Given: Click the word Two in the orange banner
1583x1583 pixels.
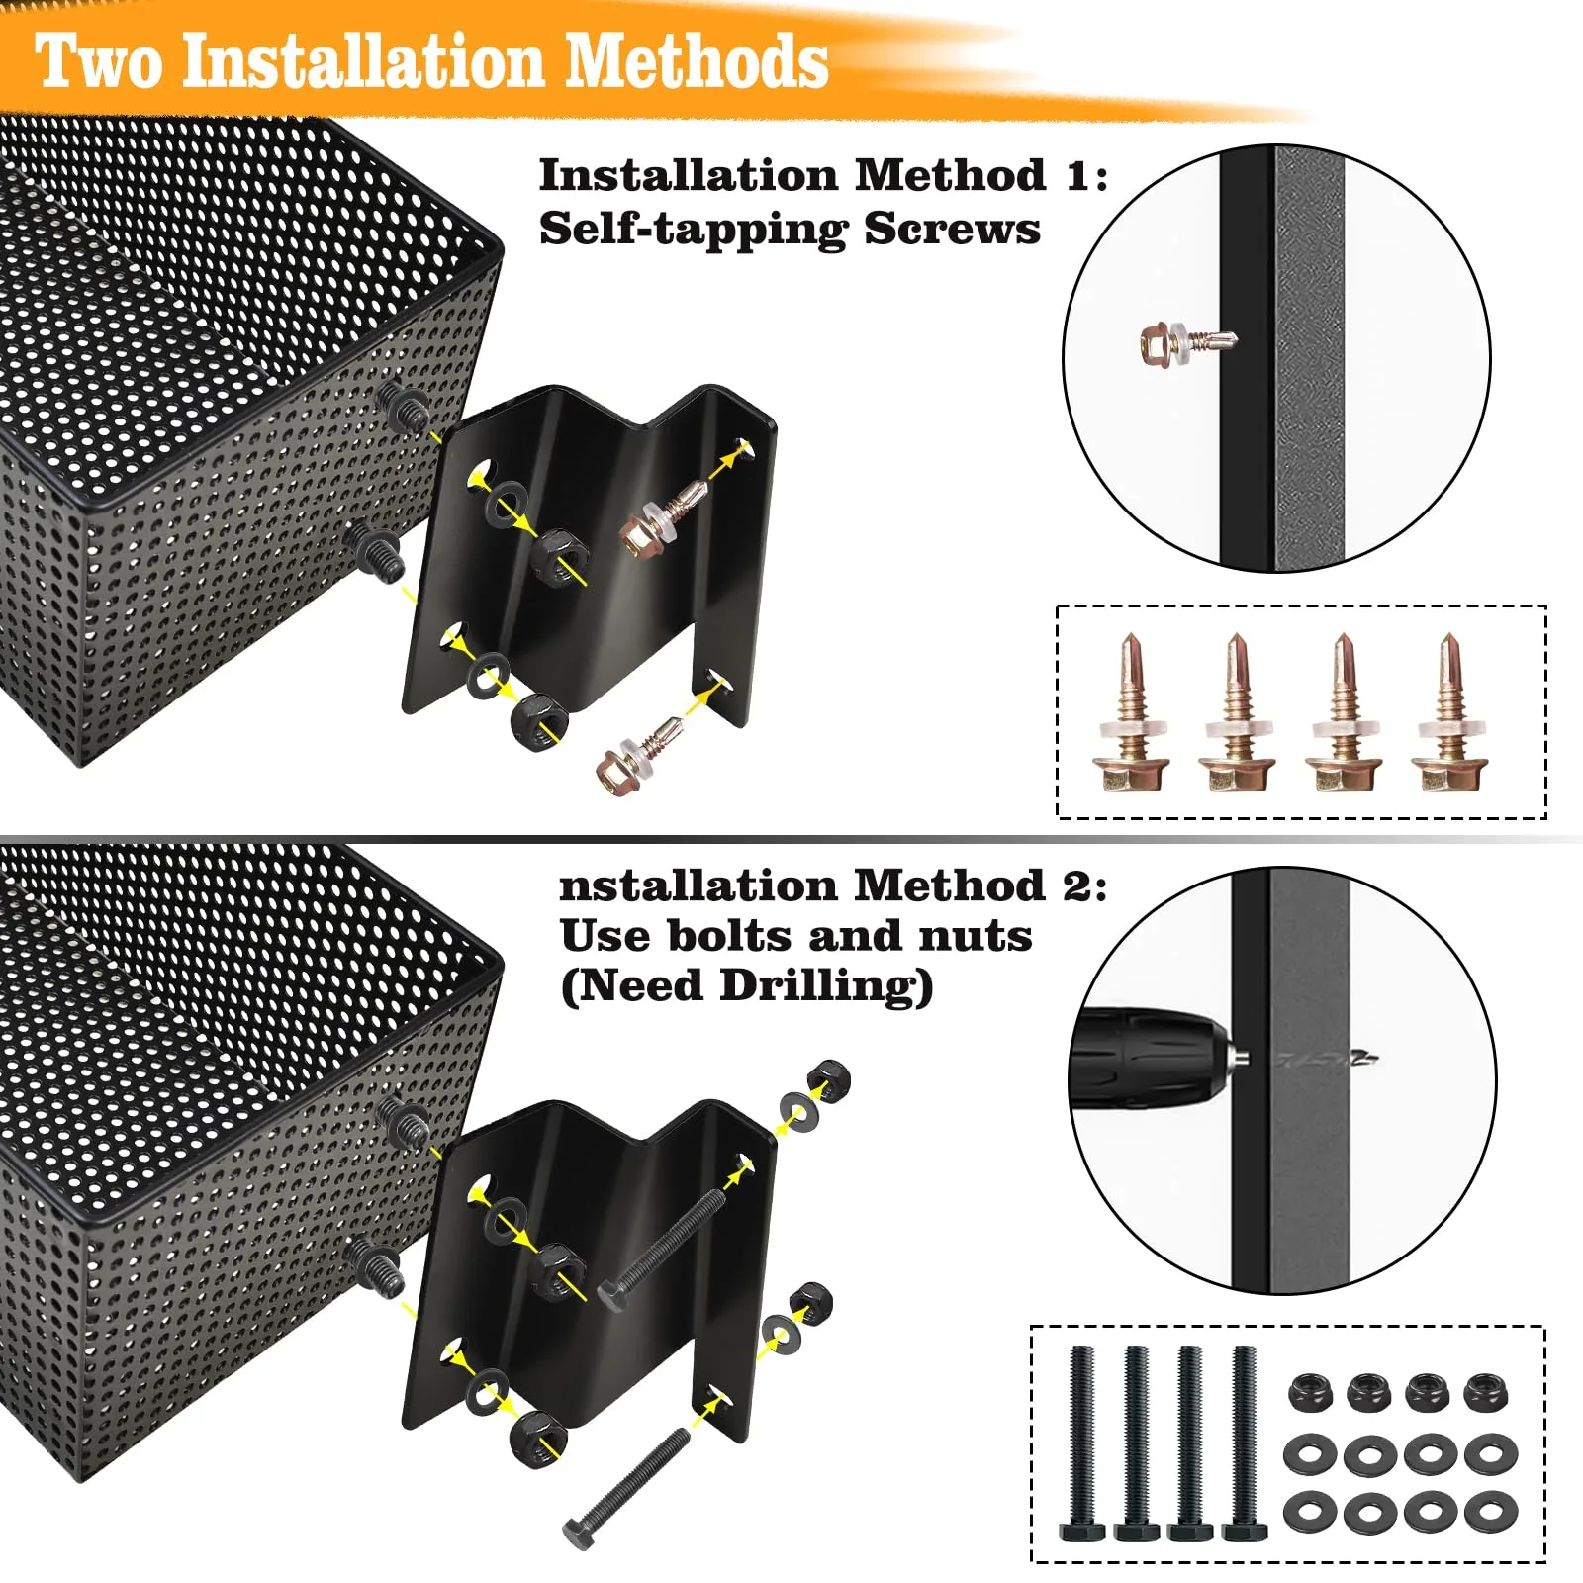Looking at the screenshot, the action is (99, 61).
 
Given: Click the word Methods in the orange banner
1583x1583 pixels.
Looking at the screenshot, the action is (697, 61).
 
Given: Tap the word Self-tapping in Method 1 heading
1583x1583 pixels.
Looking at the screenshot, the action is (693, 230).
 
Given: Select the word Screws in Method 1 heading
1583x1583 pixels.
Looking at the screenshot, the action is (952, 229).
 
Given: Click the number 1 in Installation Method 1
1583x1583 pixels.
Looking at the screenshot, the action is (1079, 176).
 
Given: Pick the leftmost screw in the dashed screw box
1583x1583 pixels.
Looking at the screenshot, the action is (1131, 711).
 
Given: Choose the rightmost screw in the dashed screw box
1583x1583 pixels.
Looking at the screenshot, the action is (1449, 711).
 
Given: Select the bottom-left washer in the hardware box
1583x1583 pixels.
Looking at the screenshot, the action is (1312, 1511).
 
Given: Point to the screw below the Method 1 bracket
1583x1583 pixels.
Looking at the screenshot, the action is (640, 754).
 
